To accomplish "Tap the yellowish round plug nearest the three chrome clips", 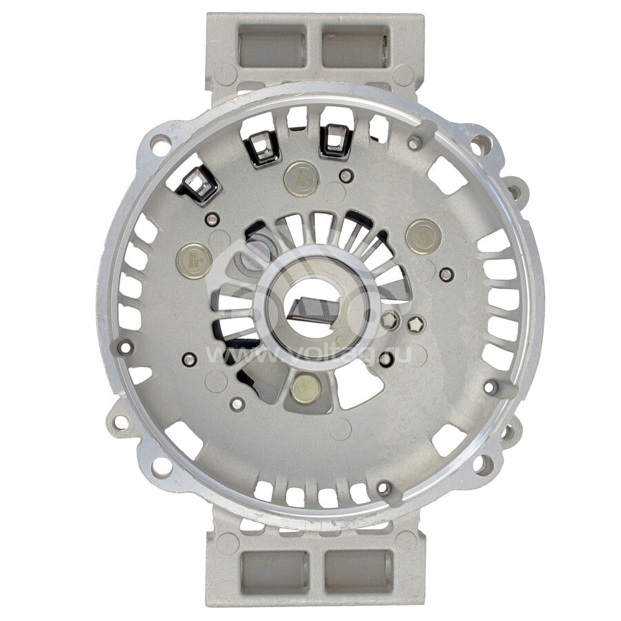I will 302,177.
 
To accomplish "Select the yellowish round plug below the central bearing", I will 305,389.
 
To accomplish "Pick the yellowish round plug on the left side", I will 194,261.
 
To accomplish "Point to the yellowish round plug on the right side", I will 423,236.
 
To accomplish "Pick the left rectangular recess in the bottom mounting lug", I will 274,570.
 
